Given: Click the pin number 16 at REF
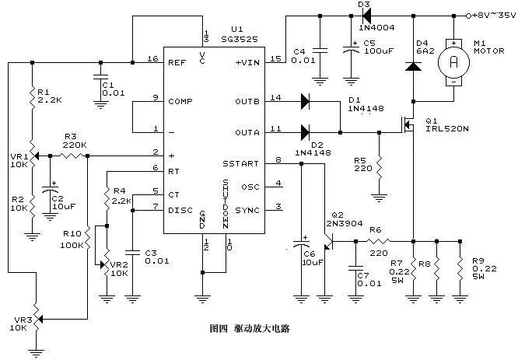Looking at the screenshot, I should tap(153, 60).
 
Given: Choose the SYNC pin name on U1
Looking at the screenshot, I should tap(248, 210).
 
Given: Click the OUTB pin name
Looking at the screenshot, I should tap(247, 101).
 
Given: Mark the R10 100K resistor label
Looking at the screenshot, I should tap(72, 238).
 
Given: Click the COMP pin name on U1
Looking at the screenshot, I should tap(181, 101).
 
